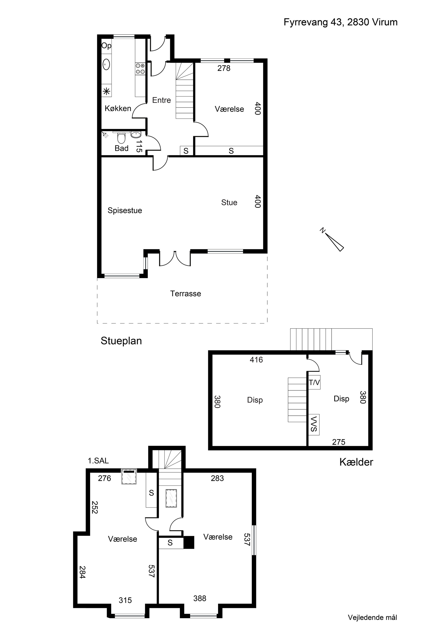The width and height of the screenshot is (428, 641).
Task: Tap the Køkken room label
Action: [118, 109]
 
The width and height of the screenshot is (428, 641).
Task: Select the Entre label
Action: [162, 100]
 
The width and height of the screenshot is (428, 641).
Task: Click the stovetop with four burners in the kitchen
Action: [140, 69]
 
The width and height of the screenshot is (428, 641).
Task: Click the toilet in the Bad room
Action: [121, 138]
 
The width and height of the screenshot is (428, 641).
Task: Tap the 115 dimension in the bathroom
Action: [139, 146]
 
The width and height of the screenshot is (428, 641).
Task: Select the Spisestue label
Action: [125, 210]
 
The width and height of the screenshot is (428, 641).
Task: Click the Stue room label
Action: [229, 203]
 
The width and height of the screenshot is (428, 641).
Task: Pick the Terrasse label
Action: [186, 294]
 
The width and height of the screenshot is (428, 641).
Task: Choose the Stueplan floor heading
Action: [121, 341]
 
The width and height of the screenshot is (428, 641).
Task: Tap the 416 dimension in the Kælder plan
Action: [256, 360]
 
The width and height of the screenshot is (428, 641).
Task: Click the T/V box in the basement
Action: [314, 382]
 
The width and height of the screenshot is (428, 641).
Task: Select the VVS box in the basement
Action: [314, 424]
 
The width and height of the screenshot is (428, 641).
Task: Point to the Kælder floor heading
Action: [356, 462]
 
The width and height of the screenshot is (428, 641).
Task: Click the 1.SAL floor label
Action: [98, 461]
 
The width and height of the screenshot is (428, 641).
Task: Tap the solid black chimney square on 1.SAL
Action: [189, 542]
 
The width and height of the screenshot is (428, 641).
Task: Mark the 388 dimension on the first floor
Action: [200, 598]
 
